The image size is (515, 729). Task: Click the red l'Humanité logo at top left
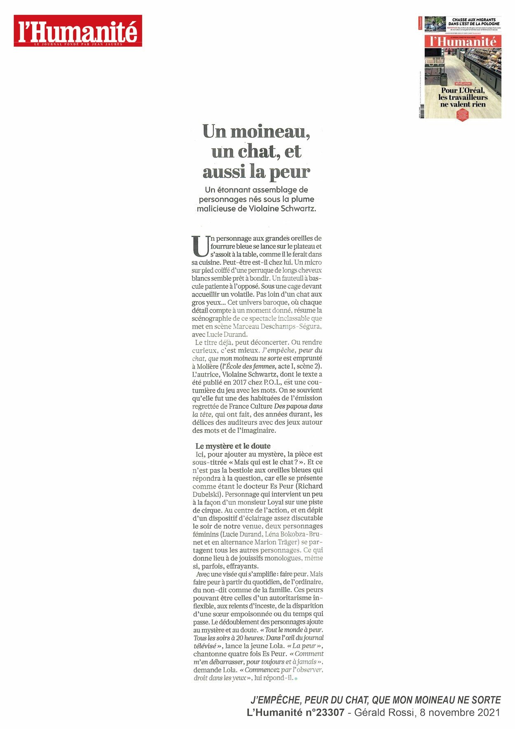click(x=78, y=31)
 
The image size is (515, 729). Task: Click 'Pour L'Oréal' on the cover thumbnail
click(x=463, y=90)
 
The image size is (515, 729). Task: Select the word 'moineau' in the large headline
click(x=270, y=132)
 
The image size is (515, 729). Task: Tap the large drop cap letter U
click(x=200, y=246)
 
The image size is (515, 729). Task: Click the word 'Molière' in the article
click(x=206, y=366)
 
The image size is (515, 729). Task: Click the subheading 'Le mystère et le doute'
click(x=233, y=446)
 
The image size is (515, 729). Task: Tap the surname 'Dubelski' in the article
click(x=208, y=494)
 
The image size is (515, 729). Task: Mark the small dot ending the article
click(x=296, y=678)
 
